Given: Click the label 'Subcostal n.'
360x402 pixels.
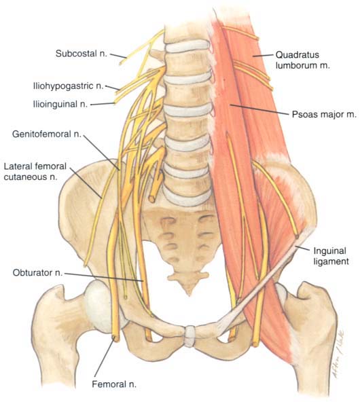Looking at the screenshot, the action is click(81, 54).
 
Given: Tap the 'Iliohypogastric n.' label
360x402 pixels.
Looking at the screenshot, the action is click(68, 86).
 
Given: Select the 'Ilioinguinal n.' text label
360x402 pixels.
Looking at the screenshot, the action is click(60, 104).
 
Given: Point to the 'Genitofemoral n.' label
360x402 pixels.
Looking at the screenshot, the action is click(47, 134).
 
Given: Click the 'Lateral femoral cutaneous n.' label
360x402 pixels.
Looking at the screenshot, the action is click(35, 172).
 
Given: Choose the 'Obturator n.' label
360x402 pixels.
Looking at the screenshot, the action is click(37, 272).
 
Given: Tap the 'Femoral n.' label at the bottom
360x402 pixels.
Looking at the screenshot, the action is click(114, 384).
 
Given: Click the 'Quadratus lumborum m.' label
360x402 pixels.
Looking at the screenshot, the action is click(302, 60).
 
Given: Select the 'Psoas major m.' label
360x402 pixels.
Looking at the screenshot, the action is click(325, 114).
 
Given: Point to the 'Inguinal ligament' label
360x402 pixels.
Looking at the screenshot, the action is click(331, 256).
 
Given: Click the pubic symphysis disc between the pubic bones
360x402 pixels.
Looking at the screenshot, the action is click(190, 335).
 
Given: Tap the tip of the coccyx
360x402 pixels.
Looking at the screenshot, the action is click(190, 294).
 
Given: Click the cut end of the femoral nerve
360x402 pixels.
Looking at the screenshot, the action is click(116, 338).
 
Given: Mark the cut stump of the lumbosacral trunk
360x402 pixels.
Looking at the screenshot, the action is click(151, 199).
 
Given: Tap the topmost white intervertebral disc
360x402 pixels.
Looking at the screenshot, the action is click(186, 46).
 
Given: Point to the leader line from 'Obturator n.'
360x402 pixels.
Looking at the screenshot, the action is click(104, 277).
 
